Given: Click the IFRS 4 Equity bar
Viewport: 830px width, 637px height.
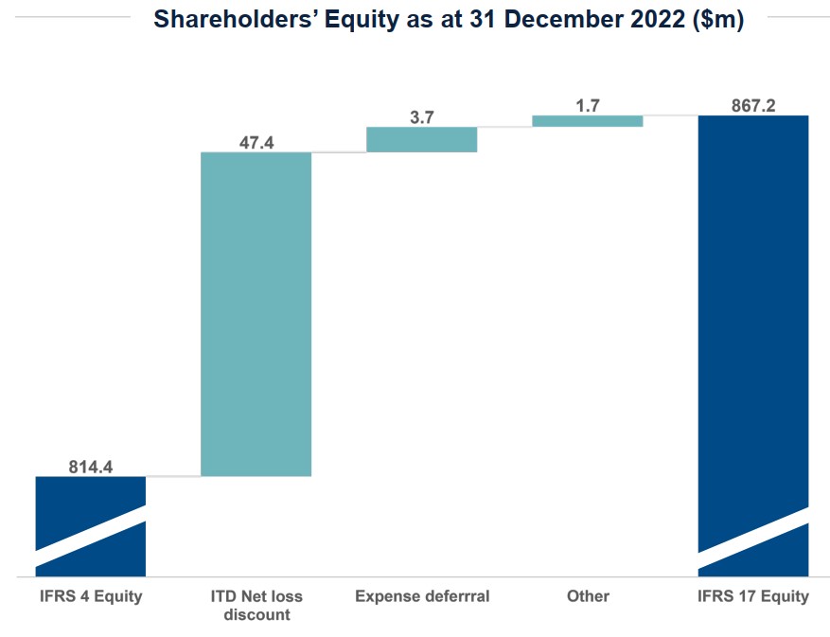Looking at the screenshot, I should (x=90, y=497).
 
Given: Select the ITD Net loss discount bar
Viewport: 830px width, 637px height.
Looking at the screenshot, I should (x=256, y=313).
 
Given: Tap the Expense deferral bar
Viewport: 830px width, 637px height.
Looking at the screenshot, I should (x=421, y=139).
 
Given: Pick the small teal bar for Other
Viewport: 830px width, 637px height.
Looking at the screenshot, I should (x=587, y=121).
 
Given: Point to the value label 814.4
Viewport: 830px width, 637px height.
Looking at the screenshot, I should (x=91, y=466).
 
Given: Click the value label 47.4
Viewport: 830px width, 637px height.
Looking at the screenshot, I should (x=256, y=142).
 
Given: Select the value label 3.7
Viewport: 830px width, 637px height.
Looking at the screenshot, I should (x=421, y=116).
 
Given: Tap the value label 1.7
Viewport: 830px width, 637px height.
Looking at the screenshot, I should (x=588, y=105).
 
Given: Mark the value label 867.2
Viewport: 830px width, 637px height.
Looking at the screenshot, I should (x=753, y=105).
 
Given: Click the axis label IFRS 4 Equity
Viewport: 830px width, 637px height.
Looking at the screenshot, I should (x=91, y=596).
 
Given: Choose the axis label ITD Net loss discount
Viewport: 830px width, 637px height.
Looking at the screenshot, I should (x=256, y=606).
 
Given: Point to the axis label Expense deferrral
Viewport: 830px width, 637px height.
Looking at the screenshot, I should (x=421, y=596).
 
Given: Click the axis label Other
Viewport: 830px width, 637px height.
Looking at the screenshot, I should (x=588, y=596).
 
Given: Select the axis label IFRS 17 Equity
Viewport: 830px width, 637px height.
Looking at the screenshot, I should (x=753, y=596).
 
